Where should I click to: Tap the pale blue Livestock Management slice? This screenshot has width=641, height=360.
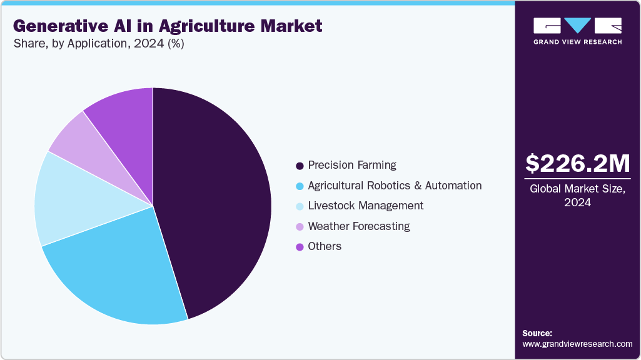(x=69, y=200)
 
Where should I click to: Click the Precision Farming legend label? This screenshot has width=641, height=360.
(x=352, y=165)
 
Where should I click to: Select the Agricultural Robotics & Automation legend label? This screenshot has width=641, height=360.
(x=395, y=186)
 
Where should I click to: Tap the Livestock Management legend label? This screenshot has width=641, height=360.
(x=365, y=206)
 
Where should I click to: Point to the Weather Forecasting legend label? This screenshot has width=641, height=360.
(x=359, y=226)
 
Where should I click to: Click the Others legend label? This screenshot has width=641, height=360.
(x=325, y=246)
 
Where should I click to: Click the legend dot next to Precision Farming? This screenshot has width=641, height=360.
(x=300, y=166)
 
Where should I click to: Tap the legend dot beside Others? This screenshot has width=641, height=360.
(x=300, y=247)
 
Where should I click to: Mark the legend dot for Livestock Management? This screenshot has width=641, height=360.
(x=300, y=206)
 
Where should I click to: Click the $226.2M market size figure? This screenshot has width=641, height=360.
(x=577, y=164)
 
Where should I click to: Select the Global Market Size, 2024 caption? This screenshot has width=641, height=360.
(x=577, y=196)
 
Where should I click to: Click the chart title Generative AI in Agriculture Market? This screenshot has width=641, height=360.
(x=167, y=26)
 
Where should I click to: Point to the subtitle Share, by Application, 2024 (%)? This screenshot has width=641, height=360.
(x=98, y=44)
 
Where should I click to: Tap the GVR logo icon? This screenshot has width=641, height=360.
(x=577, y=26)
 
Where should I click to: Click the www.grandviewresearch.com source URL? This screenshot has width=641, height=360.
(x=577, y=344)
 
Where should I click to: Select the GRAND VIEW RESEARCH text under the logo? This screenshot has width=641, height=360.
(x=577, y=42)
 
